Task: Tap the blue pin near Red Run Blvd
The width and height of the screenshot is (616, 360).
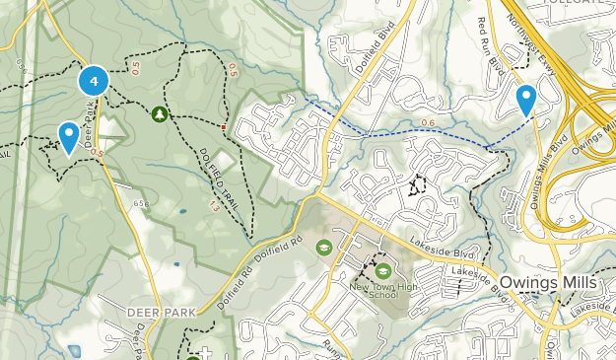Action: [x=527, y=99]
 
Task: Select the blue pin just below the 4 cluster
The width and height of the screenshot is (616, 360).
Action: [x=69, y=136]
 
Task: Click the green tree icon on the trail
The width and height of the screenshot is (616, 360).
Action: [x=160, y=114]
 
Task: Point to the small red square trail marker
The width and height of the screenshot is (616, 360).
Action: [x=224, y=128]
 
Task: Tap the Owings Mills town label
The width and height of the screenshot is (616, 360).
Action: [x=547, y=282]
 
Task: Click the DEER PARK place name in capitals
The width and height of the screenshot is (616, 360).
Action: [x=156, y=311]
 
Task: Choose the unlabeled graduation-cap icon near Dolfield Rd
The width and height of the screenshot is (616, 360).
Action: [x=322, y=248]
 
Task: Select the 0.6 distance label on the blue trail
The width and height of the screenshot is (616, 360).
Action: [x=427, y=122]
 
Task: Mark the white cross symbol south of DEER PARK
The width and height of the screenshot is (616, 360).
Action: [x=204, y=352]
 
